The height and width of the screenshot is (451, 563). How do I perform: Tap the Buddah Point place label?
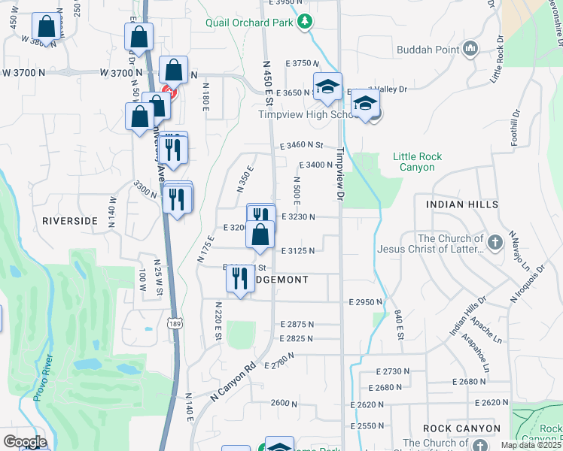coord(428,50)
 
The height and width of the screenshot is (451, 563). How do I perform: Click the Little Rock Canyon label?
coord(417,162)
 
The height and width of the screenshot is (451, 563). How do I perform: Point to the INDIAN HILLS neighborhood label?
coord(461,204)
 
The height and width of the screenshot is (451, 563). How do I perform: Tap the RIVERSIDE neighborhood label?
coord(70,221)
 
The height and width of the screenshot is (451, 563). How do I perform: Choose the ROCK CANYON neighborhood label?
coord(461,428)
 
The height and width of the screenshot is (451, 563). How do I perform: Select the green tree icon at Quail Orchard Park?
coord(304,22)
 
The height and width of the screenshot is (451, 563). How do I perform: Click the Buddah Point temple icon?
coord(471,50)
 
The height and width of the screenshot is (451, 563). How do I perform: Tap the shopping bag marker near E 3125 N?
coord(260,235)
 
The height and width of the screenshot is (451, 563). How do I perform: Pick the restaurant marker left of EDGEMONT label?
coord(240,279)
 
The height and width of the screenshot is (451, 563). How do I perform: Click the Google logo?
coord(25,442)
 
